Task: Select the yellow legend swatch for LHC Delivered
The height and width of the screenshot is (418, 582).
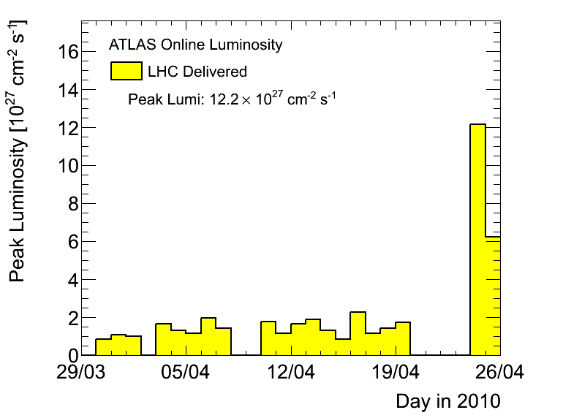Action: pos(126,71)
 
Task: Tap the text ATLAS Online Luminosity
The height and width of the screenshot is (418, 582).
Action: pos(195,45)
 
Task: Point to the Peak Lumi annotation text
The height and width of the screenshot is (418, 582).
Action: pos(232,98)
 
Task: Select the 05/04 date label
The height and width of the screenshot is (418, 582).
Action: pos(188,373)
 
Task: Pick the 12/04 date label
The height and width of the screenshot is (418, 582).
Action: pos(292,373)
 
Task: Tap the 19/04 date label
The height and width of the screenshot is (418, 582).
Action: pos(396,373)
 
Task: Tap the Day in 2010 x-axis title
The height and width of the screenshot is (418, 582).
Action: pos(447,400)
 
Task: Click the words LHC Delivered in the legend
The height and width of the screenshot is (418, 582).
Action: pos(197,72)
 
